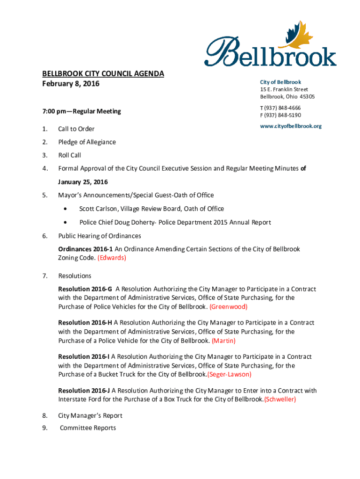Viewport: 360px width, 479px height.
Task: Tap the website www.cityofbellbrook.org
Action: [x=291, y=126]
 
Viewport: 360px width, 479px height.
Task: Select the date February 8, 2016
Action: [x=71, y=84]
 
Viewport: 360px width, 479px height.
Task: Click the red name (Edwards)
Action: [x=112, y=258]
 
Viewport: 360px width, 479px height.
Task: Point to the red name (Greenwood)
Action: [x=229, y=307]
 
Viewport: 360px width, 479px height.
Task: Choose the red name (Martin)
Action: [x=224, y=341]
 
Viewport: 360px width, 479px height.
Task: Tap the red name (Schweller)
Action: [x=280, y=399]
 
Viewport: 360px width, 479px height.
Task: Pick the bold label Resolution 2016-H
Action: [x=85, y=323]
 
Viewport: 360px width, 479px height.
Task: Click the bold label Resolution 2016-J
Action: [x=84, y=391]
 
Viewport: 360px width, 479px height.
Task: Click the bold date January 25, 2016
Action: [x=83, y=181]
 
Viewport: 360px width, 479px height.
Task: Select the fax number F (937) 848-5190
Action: [x=281, y=115]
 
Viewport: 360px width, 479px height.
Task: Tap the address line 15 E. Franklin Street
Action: [x=284, y=89]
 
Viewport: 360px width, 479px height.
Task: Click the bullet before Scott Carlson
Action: [x=69, y=209]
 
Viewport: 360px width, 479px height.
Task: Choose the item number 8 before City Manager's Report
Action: [x=44, y=416]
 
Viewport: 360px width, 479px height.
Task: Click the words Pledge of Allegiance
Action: [x=87, y=142]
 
